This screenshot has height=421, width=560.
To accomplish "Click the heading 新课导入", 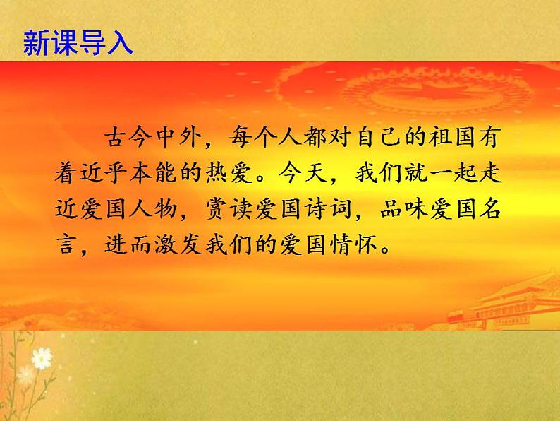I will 78,42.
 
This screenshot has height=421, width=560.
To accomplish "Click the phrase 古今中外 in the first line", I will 155,136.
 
